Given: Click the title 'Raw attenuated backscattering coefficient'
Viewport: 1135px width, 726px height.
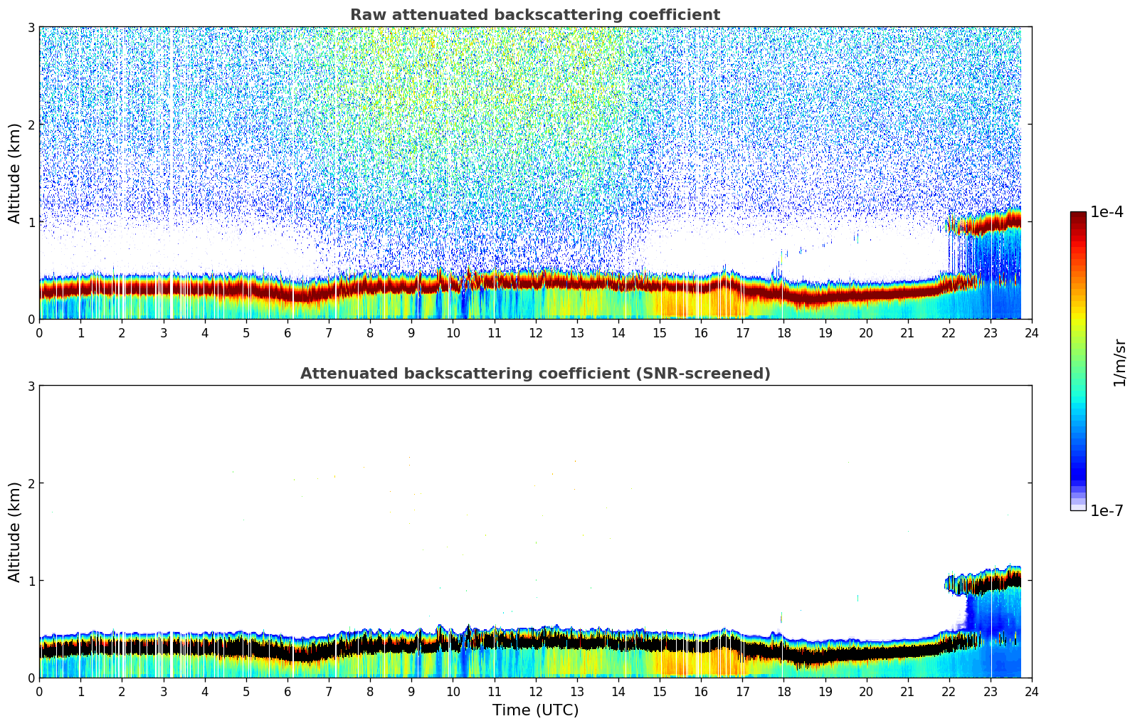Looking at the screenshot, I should pos(534,15).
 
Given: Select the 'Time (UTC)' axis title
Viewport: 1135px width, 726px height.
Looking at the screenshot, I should pos(535,710).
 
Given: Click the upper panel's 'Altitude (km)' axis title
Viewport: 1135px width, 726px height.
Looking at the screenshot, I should pos(15,173).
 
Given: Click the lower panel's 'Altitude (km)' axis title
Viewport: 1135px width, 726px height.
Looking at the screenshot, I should pos(15,532).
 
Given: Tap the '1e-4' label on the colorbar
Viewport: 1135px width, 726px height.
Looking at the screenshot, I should pos(1107,212).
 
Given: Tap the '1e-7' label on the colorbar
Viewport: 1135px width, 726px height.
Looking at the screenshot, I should pos(1107,510).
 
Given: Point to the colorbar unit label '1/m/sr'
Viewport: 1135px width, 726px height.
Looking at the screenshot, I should pos(1119,362).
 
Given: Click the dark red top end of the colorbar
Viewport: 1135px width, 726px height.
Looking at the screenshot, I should pos(1077,215).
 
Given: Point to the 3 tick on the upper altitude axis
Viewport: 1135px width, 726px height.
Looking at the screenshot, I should pos(31,27).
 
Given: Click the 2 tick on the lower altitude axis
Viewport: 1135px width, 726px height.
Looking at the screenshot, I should pos(31,483).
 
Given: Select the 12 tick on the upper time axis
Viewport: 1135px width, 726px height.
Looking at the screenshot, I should pos(535,332).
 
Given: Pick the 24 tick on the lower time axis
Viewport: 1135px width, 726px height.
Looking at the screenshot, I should pos(1031,691).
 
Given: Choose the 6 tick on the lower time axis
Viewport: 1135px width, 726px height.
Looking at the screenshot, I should pos(287,691).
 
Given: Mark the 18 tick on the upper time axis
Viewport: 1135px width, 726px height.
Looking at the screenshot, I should pos(783,332).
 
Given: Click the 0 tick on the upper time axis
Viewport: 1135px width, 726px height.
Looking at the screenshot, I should pos(39,332).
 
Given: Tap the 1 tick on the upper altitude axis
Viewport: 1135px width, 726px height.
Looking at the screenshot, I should pos(31,222).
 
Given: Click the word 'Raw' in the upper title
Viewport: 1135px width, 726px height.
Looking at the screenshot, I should pos(364,15).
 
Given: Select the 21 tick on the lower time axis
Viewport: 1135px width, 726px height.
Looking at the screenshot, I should pos(907,691).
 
